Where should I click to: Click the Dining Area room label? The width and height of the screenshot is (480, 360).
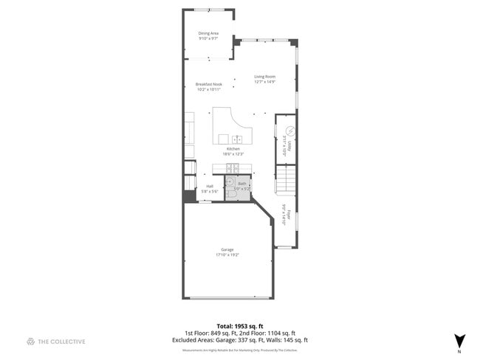(208, 33)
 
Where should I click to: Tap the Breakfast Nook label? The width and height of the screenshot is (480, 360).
(209, 84)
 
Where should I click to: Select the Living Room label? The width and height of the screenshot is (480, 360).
(264, 77)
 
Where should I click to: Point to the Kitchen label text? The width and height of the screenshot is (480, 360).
(233, 149)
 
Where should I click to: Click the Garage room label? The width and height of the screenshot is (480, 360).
(227, 250)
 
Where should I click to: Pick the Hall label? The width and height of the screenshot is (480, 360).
(210, 186)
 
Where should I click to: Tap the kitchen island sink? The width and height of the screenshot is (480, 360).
(238, 139)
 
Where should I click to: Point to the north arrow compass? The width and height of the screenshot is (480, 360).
(460, 341)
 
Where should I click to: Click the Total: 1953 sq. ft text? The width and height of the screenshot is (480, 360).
(240, 326)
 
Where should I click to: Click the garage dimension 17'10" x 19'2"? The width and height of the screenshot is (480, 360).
(227, 255)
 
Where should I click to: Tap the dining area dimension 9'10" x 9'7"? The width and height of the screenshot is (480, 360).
(208, 38)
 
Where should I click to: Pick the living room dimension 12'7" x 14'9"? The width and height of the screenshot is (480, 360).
(264, 82)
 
